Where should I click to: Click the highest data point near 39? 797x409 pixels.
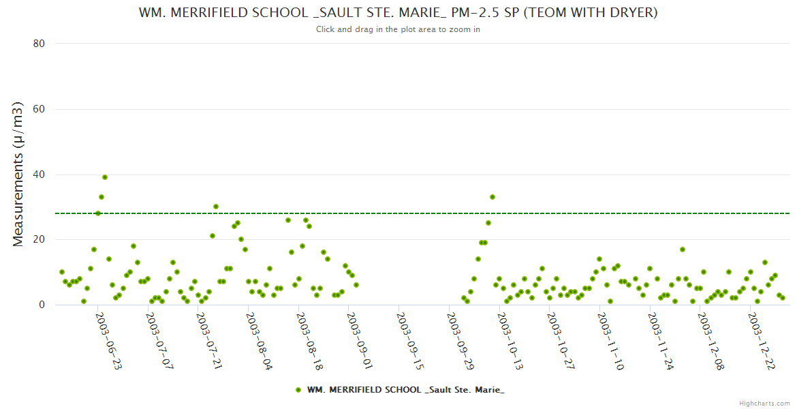pyautogui.click(x=105, y=177)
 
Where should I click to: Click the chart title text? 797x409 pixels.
pyautogui.click(x=398, y=13)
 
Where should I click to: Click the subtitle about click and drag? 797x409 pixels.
pyautogui.click(x=398, y=29)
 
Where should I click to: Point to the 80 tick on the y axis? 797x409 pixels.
pyautogui.click(x=39, y=44)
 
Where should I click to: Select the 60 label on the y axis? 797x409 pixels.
pyautogui.click(x=39, y=109)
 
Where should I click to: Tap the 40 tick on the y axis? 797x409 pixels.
pyautogui.click(x=39, y=175)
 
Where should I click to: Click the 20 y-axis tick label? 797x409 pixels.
pyautogui.click(x=39, y=240)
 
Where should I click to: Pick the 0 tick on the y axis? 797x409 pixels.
pyautogui.click(x=42, y=305)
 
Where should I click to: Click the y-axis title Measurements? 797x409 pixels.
pyautogui.click(x=18, y=174)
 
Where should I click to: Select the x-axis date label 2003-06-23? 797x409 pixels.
pyautogui.click(x=108, y=342)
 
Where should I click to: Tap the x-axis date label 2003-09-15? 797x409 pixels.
pyautogui.click(x=409, y=342)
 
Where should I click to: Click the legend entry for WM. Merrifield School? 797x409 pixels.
pyautogui.click(x=405, y=390)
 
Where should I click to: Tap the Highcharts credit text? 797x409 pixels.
pyautogui.click(x=764, y=403)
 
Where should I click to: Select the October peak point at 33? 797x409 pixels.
pyautogui.click(x=493, y=197)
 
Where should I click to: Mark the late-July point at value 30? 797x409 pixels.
pyautogui.click(x=216, y=207)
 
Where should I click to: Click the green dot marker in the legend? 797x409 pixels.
pyautogui.click(x=298, y=390)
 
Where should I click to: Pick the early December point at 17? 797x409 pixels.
pyautogui.click(x=683, y=249)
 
